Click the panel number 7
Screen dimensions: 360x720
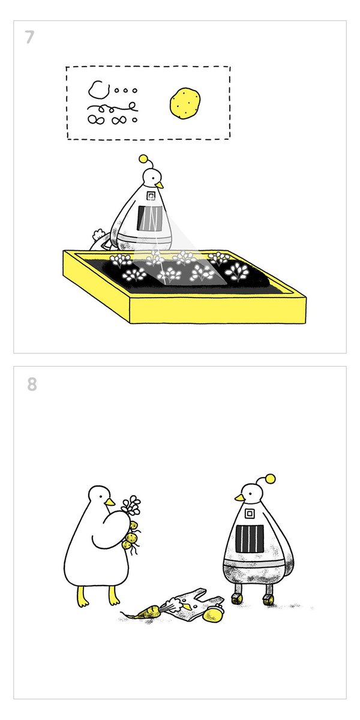coord(29,37)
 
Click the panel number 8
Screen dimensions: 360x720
coord(32,383)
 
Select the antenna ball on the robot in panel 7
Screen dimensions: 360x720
coord(143,159)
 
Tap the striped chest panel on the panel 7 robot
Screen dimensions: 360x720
coord(149,218)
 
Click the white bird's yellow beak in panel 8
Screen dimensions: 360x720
coord(110,502)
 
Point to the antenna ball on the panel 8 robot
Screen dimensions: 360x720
coord(271,479)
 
